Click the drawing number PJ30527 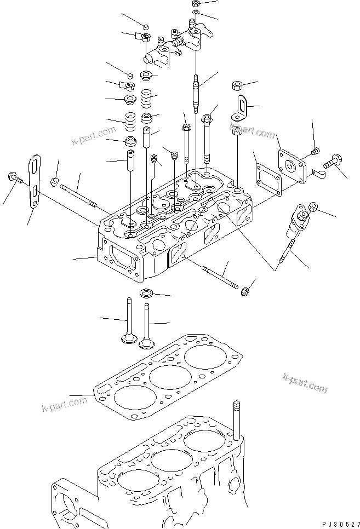(x=341, y=524)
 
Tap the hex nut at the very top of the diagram (x=196, y=4)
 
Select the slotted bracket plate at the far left (x=35, y=181)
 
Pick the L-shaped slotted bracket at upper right (x=239, y=108)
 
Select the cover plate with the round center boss (x=292, y=165)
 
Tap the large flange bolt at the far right (x=333, y=160)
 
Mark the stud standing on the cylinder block (x=237, y=421)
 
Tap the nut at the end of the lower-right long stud (x=245, y=291)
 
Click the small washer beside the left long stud (x=53, y=182)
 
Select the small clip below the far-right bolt (x=318, y=174)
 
